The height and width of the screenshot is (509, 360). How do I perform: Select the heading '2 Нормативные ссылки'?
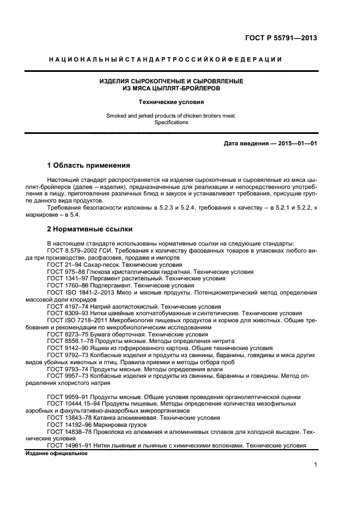[89, 229]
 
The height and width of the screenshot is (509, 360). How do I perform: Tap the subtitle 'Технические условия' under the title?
[171, 102]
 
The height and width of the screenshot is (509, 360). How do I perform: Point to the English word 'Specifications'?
[171, 122]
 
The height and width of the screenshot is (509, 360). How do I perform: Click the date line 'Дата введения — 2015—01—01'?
[270, 144]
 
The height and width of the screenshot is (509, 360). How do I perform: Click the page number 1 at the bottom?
[315, 464]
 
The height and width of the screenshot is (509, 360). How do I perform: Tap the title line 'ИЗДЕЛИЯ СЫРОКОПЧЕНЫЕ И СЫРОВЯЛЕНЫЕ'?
[171, 81]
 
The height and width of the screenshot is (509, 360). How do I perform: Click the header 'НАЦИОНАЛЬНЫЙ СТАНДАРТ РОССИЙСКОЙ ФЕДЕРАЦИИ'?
[165, 59]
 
